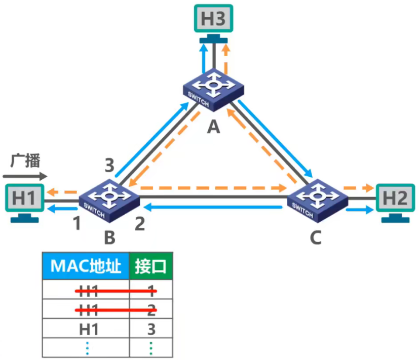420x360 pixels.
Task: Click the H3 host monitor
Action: click(x=213, y=19)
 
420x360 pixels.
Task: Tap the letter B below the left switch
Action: click(x=109, y=237)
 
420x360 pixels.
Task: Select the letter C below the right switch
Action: click(x=315, y=237)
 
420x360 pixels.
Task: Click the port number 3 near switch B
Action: click(x=109, y=165)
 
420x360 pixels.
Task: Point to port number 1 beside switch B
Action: click(x=77, y=223)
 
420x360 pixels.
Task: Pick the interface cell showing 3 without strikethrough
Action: click(x=151, y=329)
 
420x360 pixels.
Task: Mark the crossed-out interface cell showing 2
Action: click(x=151, y=309)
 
